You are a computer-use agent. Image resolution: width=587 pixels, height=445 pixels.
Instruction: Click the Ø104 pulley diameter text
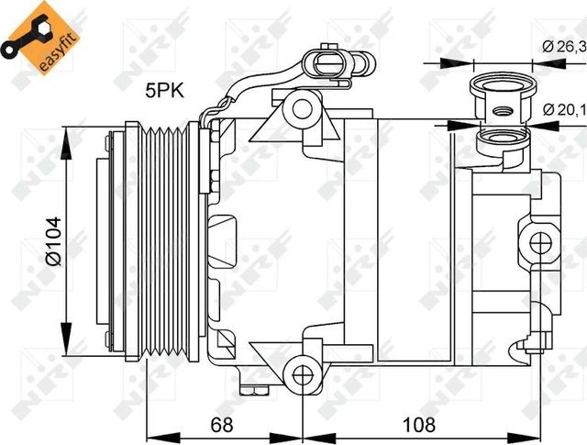coord(52,240)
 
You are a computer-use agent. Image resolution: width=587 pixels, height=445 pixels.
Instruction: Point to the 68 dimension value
coord(221,425)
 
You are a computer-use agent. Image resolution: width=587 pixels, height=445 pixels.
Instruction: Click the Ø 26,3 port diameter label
coord(559,46)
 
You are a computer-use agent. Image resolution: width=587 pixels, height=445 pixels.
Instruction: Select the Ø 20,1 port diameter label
coord(560,109)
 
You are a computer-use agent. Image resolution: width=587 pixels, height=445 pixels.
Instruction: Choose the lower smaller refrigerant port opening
coord(501,139)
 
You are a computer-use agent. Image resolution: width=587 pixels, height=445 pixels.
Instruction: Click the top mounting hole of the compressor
coord(301,108)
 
